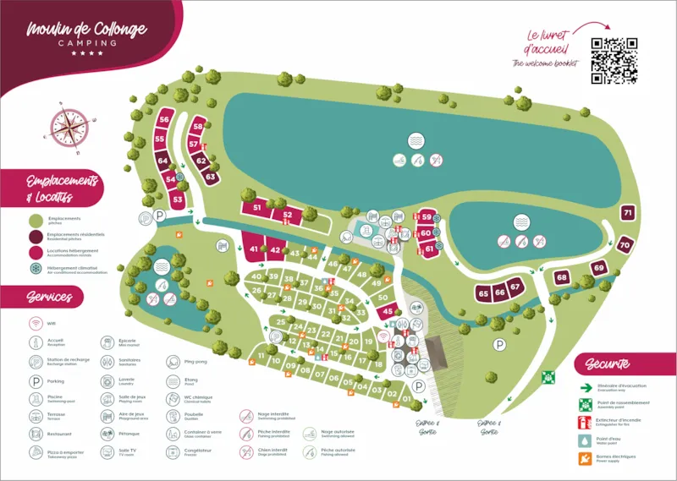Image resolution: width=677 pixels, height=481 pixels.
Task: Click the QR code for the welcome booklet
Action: pyautogui.click(x=614, y=60)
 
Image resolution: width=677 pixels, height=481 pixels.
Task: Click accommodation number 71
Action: pyautogui.click(x=627, y=213)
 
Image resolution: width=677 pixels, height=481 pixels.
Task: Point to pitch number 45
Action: pyautogui.click(x=388, y=312)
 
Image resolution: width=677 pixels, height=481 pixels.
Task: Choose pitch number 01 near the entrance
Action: pyautogui.click(x=407, y=399)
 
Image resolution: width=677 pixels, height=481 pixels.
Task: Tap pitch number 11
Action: pyautogui.click(x=261, y=358)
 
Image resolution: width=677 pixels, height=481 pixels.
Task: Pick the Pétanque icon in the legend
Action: pyautogui.click(x=107, y=434)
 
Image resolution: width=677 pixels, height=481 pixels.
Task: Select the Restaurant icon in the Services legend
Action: pyautogui.click(x=36, y=434)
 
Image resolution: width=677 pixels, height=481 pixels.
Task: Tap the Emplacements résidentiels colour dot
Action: pyautogui.click(x=36, y=236)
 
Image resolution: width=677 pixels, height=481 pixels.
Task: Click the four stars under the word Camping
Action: pyautogui.click(x=86, y=53)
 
